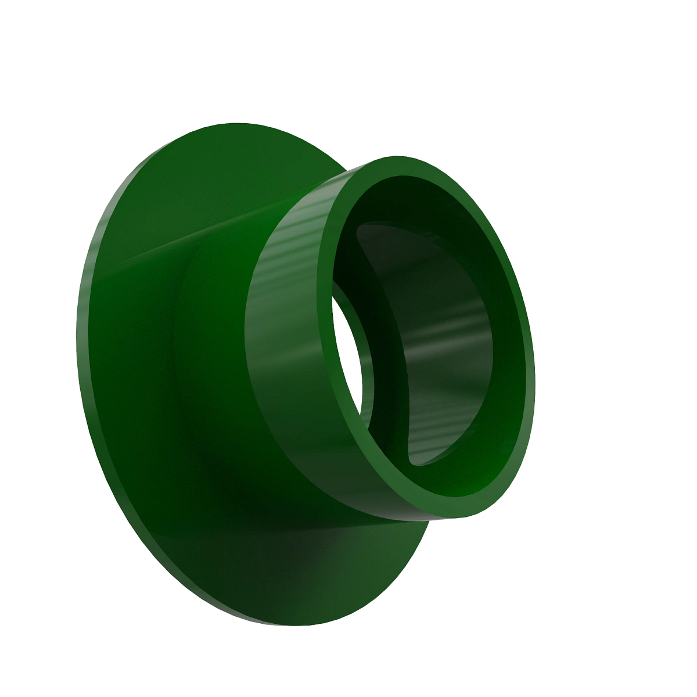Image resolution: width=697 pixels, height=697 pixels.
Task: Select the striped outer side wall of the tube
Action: click(285, 325)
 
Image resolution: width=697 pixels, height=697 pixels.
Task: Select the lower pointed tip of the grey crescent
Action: click(412, 459)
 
